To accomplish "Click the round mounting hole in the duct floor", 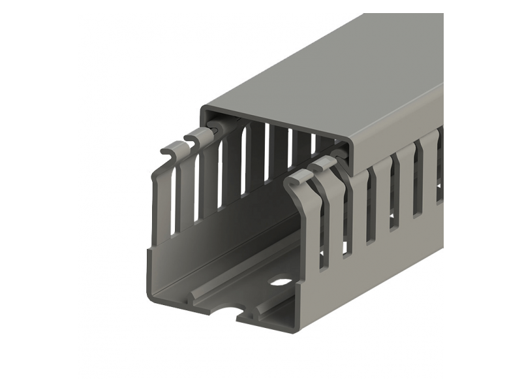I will coord(282,283).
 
